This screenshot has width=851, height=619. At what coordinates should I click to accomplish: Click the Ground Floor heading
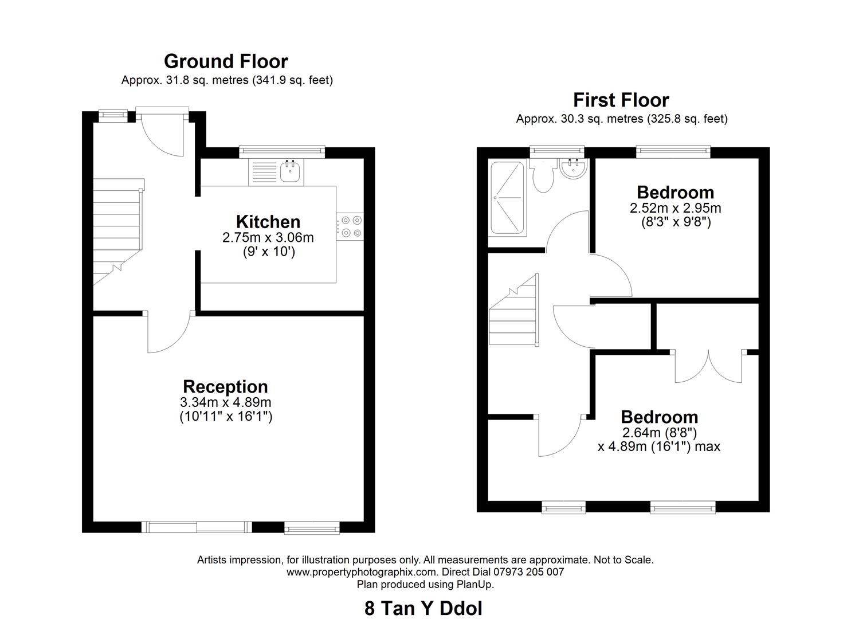tap(226, 61)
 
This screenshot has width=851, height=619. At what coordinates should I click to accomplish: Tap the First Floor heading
tap(621, 100)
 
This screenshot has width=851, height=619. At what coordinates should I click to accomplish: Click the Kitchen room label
tap(268, 222)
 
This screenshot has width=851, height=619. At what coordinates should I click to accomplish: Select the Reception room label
tap(225, 386)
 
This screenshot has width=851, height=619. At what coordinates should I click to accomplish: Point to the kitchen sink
tap(291, 171)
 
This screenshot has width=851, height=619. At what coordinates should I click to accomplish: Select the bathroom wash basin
tap(573, 169)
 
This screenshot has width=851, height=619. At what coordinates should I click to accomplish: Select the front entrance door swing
tap(162, 135)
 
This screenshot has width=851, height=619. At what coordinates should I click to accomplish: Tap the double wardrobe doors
tap(709, 367)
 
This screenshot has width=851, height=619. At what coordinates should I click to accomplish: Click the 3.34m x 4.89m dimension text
tap(225, 402)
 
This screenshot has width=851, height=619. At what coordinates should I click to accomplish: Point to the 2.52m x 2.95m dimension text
tap(675, 208)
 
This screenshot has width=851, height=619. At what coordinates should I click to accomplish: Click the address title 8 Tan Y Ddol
tap(423, 608)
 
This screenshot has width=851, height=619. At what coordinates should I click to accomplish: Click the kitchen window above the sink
tap(281, 151)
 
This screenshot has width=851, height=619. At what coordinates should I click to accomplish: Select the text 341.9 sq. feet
tap(292, 80)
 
